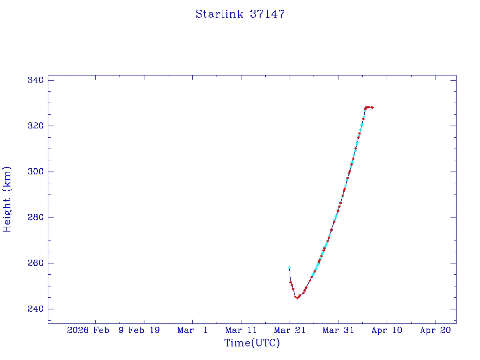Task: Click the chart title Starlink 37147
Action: point(240,14)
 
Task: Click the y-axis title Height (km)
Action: point(7,199)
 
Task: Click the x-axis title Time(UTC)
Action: point(252,343)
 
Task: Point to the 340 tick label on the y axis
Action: point(35,81)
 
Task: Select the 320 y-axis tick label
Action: point(35,126)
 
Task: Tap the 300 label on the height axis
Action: point(35,172)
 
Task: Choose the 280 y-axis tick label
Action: point(35,217)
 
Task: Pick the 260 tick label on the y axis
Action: point(35,263)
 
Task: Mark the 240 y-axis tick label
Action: point(35,309)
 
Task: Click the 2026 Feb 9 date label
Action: point(95,330)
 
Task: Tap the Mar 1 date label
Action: point(193,330)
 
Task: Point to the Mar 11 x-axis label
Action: point(241,330)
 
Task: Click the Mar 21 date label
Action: point(290,330)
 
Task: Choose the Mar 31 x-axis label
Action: point(338,330)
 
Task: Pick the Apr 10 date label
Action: point(387,330)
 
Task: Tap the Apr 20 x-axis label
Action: point(435,330)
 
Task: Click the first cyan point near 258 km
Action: point(289,268)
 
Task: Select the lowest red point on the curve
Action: point(297,298)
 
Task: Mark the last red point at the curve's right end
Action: point(372,107)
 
